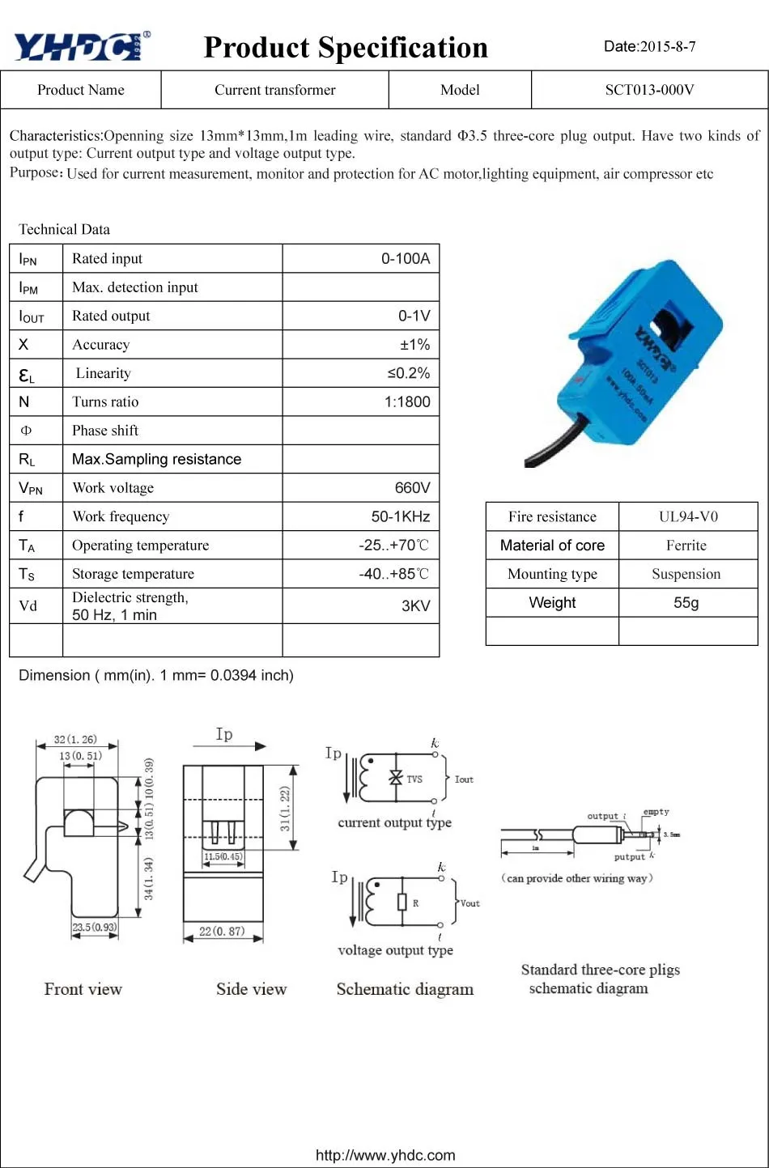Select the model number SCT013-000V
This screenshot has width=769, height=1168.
point(649,90)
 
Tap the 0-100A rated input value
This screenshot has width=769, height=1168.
point(406,258)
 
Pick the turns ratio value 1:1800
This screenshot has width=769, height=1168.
point(407,401)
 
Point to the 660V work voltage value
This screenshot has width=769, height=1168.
point(412,487)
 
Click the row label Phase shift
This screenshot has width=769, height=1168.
point(105,431)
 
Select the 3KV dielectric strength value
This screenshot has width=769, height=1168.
point(416,605)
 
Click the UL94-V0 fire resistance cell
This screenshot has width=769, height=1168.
point(688,516)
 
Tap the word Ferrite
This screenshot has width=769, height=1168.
point(686,546)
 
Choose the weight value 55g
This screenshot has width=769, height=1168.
point(686,603)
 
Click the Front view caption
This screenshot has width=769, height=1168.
point(83,989)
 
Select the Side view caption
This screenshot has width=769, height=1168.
point(251,989)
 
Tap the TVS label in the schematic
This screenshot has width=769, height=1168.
point(414,779)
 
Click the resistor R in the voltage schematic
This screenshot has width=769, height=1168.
point(402,903)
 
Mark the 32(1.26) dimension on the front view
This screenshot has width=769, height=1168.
point(75,739)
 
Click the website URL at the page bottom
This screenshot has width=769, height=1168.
point(385,1155)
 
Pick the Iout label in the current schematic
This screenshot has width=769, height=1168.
point(464,779)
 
